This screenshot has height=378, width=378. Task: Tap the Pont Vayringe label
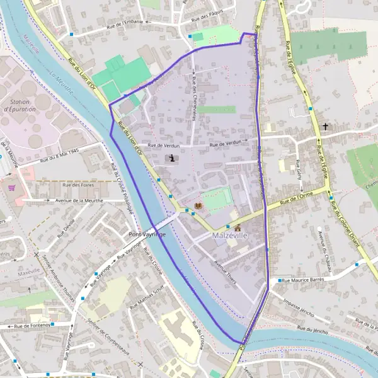click(147, 234)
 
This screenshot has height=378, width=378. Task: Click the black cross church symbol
click(325, 127)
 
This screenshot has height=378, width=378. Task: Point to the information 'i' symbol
click(173, 159)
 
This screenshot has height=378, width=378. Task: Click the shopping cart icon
click(11, 187)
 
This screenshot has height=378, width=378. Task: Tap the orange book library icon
click(199, 207)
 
